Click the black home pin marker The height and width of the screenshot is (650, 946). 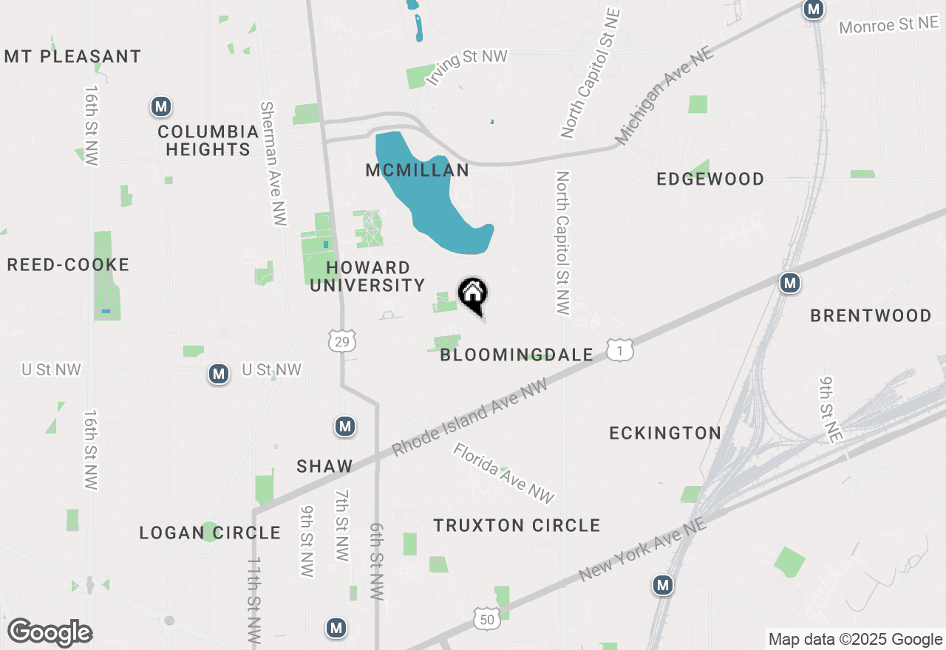click(x=473, y=295)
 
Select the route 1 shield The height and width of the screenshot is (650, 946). click(x=619, y=350)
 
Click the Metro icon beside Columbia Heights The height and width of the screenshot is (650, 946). click(x=161, y=106)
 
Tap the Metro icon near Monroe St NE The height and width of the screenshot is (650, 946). click(x=814, y=10)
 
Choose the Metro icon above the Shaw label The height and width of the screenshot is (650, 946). click(x=345, y=426)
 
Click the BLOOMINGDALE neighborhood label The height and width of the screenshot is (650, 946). click(x=517, y=355)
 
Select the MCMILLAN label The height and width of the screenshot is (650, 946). click(x=418, y=171)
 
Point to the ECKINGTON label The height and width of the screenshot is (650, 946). click(x=665, y=433)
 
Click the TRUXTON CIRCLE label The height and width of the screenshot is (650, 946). click(x=517, y=525)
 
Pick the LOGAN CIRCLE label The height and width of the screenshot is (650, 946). click(x=210, y=533)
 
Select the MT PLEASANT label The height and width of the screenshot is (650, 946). click(x=72, y=56)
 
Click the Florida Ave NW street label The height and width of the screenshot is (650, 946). click(x=504, y=473)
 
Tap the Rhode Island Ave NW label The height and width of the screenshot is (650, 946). click(x=470, y=418)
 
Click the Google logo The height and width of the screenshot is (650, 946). click(x=50, y=632)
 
